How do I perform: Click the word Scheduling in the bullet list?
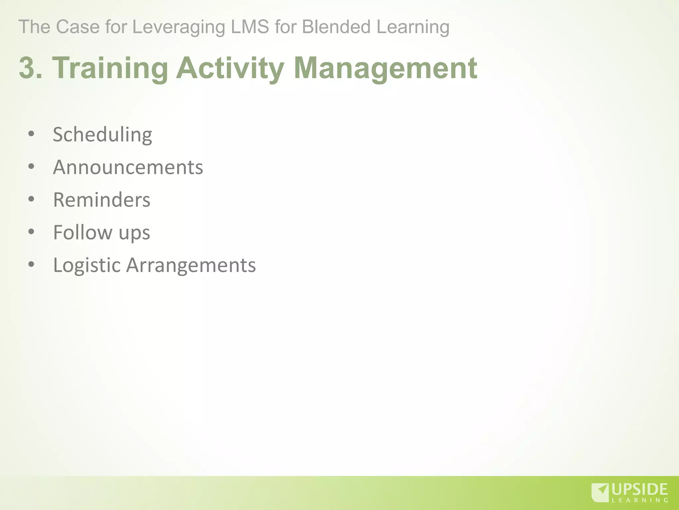pyautogui.click(x=102, y=135)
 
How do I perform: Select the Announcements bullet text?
pyautogui.click(x=128, y=167)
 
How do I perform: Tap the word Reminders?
pyautogui.click(x=101, y=200)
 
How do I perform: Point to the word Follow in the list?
pyautogui.click(x=83, y=232)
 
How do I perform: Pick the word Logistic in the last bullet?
pyautogui.click(x=87, y=265)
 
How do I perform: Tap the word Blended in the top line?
pyautogui.click(x=336, y=27)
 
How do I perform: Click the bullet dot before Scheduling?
pyautogui.click(x=31, y=134)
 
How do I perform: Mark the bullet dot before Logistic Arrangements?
pyautogui.click(x=31, y=265)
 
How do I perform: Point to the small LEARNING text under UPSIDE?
pyautogui.click(x=640, y=500)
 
